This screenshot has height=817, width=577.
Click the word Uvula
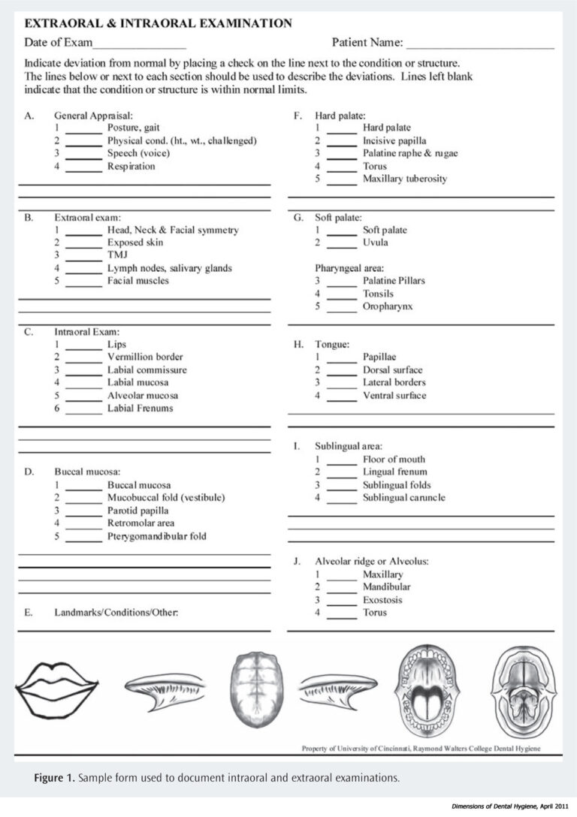[376, 243]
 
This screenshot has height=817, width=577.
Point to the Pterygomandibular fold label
[156, 536]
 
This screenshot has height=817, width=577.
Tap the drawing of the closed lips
[58, 685]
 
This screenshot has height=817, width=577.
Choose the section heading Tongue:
[331, 345]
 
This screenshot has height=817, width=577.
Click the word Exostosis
[382, 600]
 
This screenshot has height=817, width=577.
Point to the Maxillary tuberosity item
[405, 179]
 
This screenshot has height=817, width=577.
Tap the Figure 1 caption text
[216, 778]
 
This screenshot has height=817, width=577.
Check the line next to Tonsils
[342, 295]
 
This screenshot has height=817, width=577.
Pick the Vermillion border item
[145, 357]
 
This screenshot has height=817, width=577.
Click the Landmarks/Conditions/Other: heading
[116, 613]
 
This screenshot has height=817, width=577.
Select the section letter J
[298, 561]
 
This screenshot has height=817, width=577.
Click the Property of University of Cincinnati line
[421, 748]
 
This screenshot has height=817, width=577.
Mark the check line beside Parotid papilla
[83, 512]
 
